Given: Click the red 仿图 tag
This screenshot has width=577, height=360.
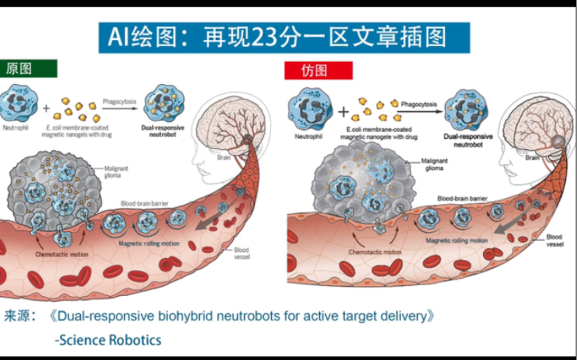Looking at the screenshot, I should [318, 71].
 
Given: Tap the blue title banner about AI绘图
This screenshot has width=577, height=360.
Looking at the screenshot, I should [284, 37].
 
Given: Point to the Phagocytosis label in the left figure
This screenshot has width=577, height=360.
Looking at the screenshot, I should [119, 101].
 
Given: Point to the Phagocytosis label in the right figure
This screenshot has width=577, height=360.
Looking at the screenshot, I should [420, 105].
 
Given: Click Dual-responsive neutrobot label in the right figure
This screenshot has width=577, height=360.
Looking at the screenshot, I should [468, 139].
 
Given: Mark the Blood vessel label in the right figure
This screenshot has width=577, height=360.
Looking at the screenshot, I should [554, 241].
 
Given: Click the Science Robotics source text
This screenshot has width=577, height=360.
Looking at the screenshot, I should [109, 340].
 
